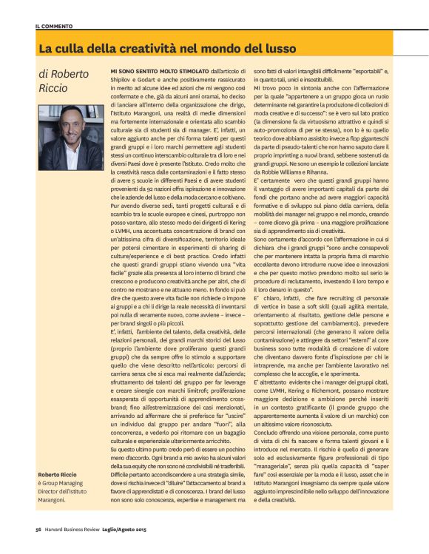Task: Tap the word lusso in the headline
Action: point(277,49)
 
